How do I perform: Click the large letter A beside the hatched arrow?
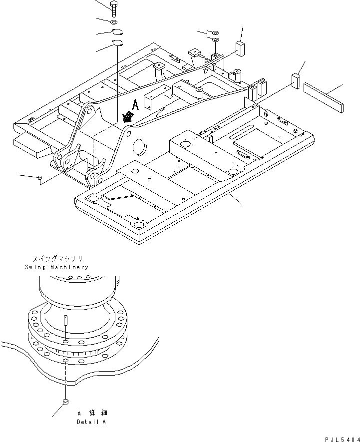pyautogui.click(x=134, y=104)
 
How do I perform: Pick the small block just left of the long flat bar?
pyautogui.click(x=296, y=81)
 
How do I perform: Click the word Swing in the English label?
pyautogui.click(x=35, y=267)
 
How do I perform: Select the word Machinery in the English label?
pyautogui.click(x=68, y=267)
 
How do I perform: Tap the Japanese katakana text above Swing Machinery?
pyautogui.click(x=57, y=259)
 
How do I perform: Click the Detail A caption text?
pyautogui.click(x=91, y=422)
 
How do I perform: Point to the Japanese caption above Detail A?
pyautogui.click(x=92, y=413)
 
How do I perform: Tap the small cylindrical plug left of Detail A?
pyautogui.click(x=65, y=403)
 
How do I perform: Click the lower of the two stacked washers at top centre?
pyautogui.click(x=215, y=40)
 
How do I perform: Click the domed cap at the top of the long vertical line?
pyautogui.click(x=118, y=43)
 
